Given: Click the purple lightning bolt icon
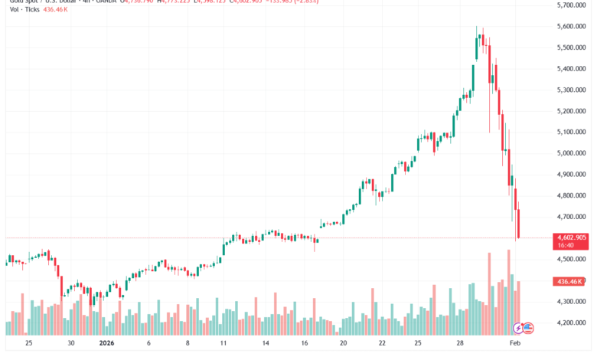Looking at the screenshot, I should click(x=518, y=328).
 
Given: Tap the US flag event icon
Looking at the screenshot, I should click(x=527, y=328).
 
